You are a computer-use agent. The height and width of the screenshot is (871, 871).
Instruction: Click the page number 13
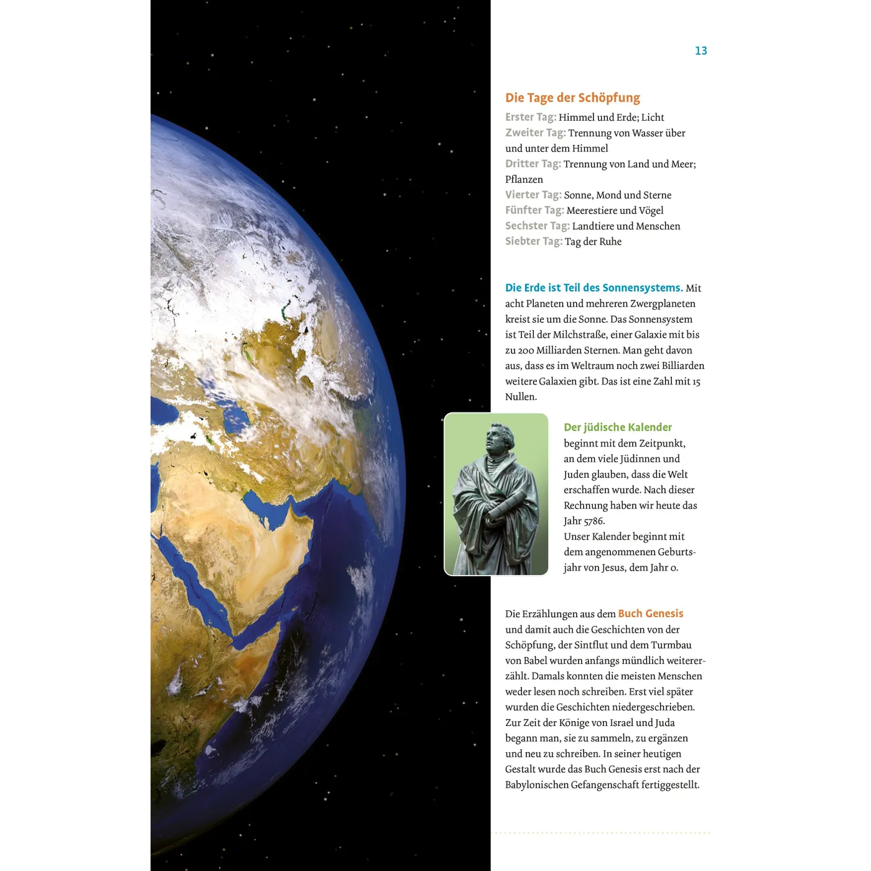(x=701, y=51)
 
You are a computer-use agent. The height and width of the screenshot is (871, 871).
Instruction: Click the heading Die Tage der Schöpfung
(x=572, y=98)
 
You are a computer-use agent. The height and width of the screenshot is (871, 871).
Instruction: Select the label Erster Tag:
(x=530, y=117)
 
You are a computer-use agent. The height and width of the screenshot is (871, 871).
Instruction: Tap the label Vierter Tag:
(x=533, y=195)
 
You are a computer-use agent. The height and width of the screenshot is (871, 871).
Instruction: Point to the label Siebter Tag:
(x=533, y=241)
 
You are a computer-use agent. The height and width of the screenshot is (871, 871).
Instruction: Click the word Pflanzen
(x=524, y=179)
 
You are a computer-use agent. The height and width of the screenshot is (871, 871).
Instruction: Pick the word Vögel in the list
(x=651, y=210)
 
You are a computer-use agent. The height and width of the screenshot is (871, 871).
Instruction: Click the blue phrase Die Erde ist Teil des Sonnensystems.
(x=594, y=287)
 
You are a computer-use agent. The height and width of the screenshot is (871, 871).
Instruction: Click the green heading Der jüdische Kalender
(x=617, y=427)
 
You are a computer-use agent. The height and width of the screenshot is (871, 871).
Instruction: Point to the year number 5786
(x=594, y=521)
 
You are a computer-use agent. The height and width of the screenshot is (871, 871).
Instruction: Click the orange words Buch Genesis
(x=650, y=613)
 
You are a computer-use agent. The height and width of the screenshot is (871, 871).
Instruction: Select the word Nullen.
(x=520, y=397)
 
